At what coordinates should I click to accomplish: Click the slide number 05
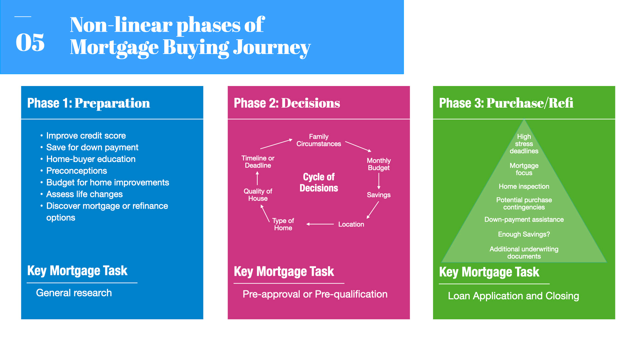pos(30,42)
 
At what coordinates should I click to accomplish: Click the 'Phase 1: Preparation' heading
pos(88,103)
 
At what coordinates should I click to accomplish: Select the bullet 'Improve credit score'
pos(86,136)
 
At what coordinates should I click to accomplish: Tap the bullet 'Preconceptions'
pos(76,171)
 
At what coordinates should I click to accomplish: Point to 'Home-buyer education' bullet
pos(91,159)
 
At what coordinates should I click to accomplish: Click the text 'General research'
pos(74,293)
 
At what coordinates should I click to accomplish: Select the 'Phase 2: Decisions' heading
pos(287,103)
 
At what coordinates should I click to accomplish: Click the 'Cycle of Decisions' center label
pos(319,182)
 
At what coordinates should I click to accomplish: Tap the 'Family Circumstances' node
pos(319,140)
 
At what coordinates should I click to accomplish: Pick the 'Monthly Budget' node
pos(379,164)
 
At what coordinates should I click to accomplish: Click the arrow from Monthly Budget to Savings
pos(379,181)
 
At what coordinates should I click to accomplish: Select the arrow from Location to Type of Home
pos(320,224)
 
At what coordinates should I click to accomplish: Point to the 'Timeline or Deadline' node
pos(258,162)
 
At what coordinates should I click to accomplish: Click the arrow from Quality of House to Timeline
pos(257,178)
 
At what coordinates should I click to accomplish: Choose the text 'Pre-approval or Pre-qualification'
pos(315,294)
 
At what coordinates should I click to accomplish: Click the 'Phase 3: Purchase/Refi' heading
pos(506,103)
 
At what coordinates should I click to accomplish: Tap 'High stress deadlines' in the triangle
pos(524,144)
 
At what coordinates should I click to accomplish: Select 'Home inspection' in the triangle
pos(524,186)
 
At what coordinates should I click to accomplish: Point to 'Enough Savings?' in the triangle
pos(524,234)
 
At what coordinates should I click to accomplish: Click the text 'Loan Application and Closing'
pos(513,296)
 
